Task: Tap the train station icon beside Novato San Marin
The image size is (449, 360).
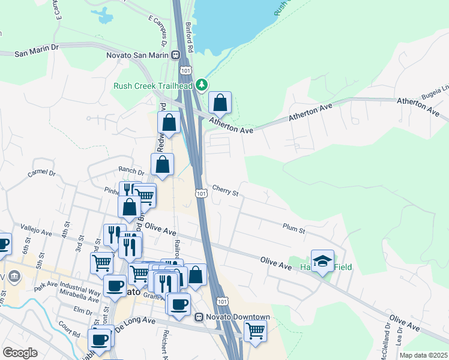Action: click(x=176, y=55)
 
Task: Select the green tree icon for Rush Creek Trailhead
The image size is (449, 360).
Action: click(x=203, y=86)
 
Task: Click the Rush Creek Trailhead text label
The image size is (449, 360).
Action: click(x=153, y=86)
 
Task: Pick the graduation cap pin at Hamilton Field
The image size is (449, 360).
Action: click(x=322, y=260)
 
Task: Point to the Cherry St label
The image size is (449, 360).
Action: click(x=225, y=193)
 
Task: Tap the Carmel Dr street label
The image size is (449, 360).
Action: click(x=41, y=174)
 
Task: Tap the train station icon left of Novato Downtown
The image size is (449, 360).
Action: click(x=199, y=317)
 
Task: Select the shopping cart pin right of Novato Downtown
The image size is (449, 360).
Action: click(x=256, y=330)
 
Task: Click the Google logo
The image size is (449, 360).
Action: click(x=20, y=353)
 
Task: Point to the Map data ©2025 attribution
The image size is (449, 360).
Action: click(x=423, y=355)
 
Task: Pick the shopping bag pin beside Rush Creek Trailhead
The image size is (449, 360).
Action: click(x=220, y=103)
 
